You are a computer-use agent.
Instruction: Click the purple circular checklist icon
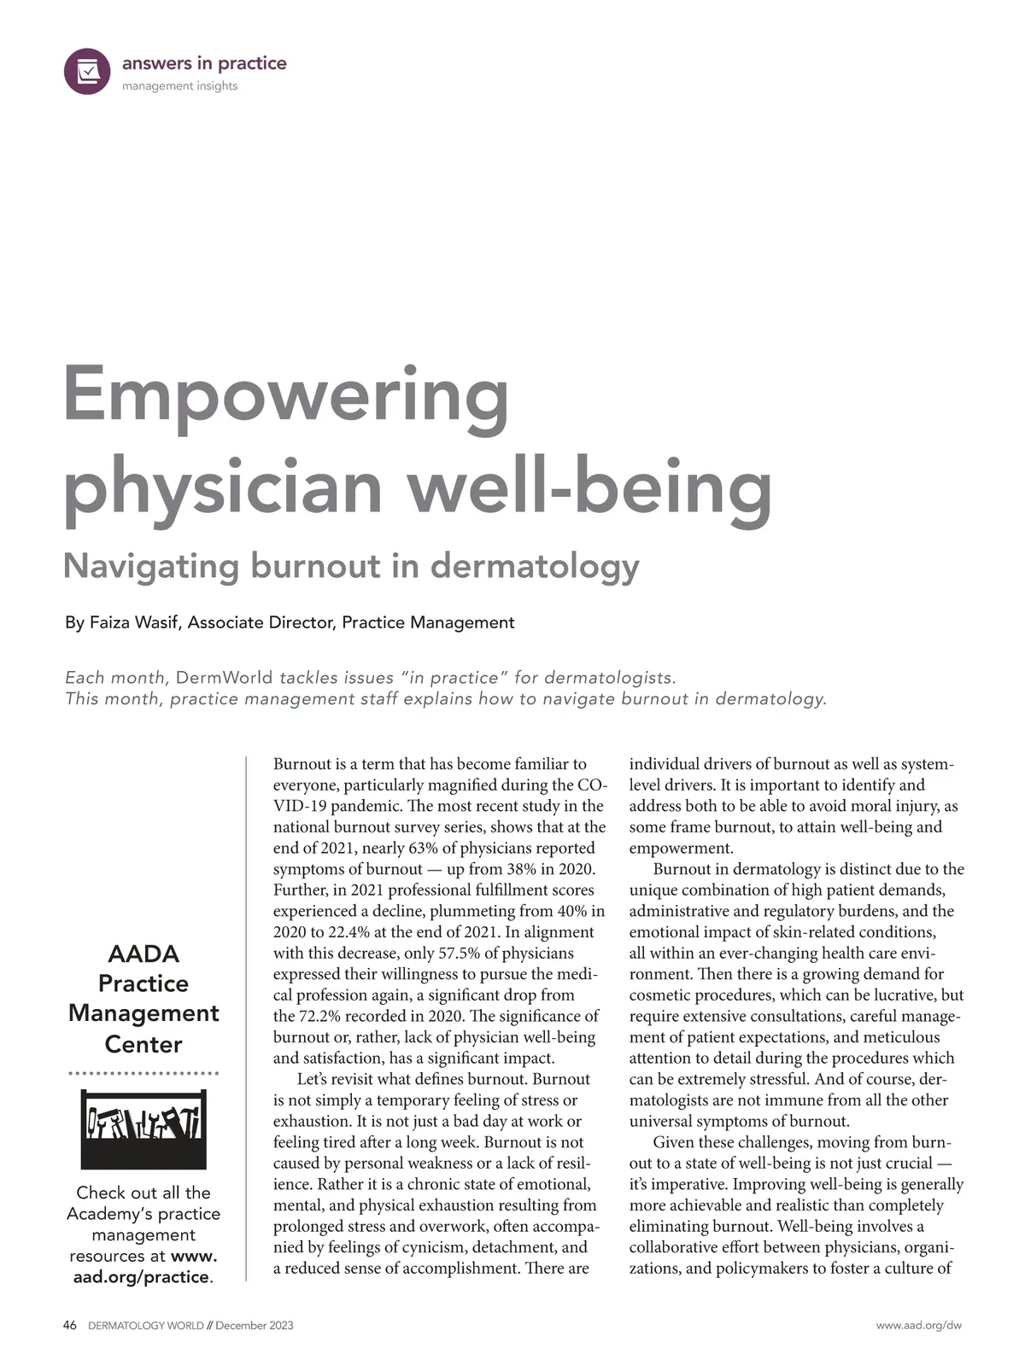[x=87, y=71]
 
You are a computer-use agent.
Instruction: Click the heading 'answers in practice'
[x=204, y=63]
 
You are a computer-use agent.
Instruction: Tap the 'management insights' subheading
[x=179, y=86]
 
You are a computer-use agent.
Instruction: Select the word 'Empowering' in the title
[x=287, y=394]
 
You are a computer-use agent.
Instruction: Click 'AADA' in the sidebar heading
[x=143, y=954]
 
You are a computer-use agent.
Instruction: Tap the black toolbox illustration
[x=143, y=1129]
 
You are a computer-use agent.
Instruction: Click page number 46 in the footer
[x=70, y=1325]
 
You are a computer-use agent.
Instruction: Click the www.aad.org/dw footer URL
[x=918, y=1325]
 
